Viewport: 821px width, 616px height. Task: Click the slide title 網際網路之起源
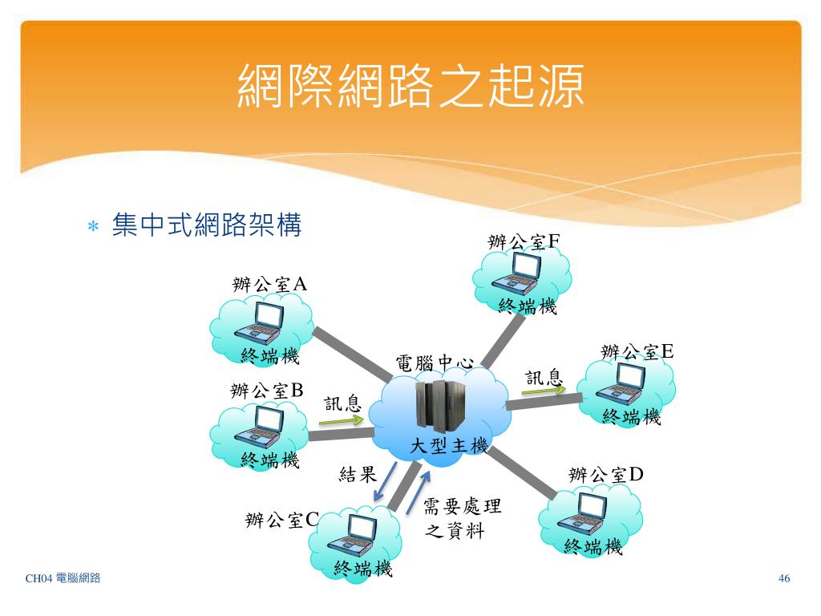410,87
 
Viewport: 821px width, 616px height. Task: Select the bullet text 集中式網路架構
207,225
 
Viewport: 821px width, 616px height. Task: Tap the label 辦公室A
269,285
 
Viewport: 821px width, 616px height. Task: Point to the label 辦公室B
267,391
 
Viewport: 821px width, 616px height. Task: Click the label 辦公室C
282,520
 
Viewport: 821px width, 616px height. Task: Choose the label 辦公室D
606,475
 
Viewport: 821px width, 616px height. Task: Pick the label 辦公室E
637,351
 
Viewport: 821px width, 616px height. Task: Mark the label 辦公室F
524,241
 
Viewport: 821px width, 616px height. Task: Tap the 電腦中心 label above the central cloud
435,363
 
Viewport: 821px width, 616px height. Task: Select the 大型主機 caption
449,446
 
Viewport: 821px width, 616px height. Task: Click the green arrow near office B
344,419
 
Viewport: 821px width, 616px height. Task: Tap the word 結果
358,474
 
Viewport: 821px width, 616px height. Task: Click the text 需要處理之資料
462,518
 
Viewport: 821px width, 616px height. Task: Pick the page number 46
784,579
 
